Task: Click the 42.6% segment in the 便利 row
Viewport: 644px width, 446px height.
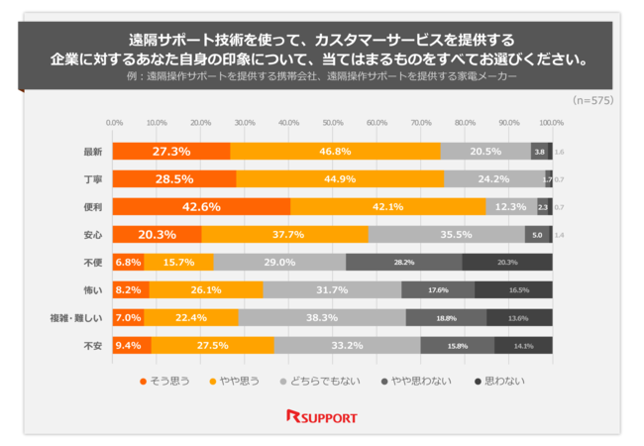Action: tap(201, 207)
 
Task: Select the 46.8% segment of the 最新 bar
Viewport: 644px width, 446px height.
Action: tap(335, 152)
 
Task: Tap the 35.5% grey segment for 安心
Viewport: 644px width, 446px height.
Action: tap(446, 235)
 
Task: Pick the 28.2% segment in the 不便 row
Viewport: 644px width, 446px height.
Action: tap(404, 263)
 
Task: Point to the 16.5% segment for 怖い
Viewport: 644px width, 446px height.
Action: tap(515, 290)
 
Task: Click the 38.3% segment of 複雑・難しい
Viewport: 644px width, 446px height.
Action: tap(322, 318)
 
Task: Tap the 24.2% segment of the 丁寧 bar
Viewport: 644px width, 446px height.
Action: tap(493, 179)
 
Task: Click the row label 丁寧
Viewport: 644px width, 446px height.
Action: tap(94, 179)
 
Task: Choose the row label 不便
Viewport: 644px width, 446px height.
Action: tap(94, 263)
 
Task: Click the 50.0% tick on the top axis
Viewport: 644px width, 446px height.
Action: tap(333, 123)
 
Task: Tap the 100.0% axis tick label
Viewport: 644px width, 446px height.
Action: tap(551, 123)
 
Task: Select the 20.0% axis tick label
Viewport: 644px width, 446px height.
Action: tap(201, 123)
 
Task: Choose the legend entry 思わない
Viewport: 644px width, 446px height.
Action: tap(499, 381)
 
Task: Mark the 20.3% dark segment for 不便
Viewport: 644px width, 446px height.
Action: tap(507, 263)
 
